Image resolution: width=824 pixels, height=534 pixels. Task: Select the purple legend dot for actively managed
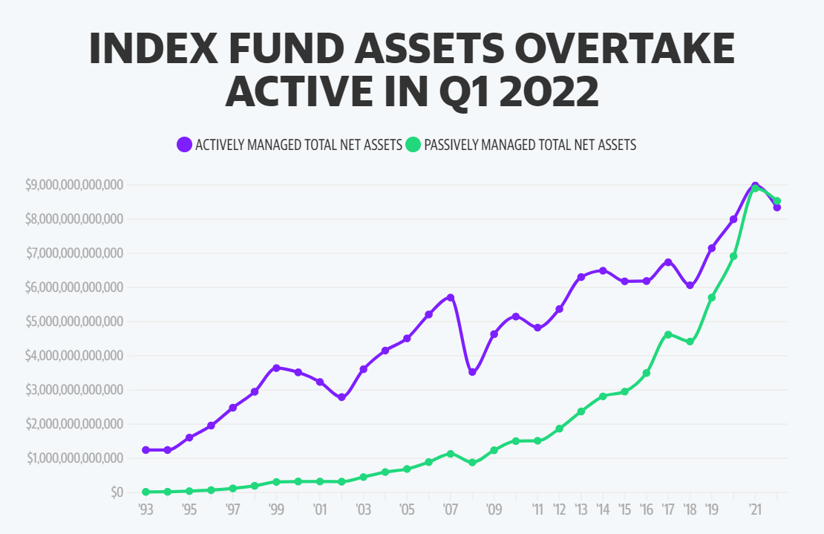pos(184,145)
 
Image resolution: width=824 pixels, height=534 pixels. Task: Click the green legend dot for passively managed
pos(413,145)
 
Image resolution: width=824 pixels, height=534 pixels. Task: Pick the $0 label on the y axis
pos(115,492)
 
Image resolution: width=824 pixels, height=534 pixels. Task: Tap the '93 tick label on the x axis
pos(145,510)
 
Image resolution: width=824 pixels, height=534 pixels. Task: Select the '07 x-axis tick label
pos(451,510)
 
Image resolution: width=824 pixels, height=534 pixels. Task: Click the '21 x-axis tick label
pos(755,510)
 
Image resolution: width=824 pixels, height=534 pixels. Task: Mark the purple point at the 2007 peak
pos(451,298)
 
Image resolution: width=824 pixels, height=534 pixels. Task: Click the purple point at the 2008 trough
pos(472,372)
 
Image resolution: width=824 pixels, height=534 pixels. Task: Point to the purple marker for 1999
pos(276,368)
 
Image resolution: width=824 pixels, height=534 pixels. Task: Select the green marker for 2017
pos(668,334)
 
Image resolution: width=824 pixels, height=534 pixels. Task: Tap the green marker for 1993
pos(145,492)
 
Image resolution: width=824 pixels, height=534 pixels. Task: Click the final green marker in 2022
pos(777,201)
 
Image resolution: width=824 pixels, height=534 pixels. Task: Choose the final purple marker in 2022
pos(777,207)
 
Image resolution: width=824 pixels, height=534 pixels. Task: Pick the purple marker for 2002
pos(341,397)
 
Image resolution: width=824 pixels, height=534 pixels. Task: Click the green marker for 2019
pos(712,297)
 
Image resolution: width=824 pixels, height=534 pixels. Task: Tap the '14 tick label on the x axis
pos(603,510)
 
